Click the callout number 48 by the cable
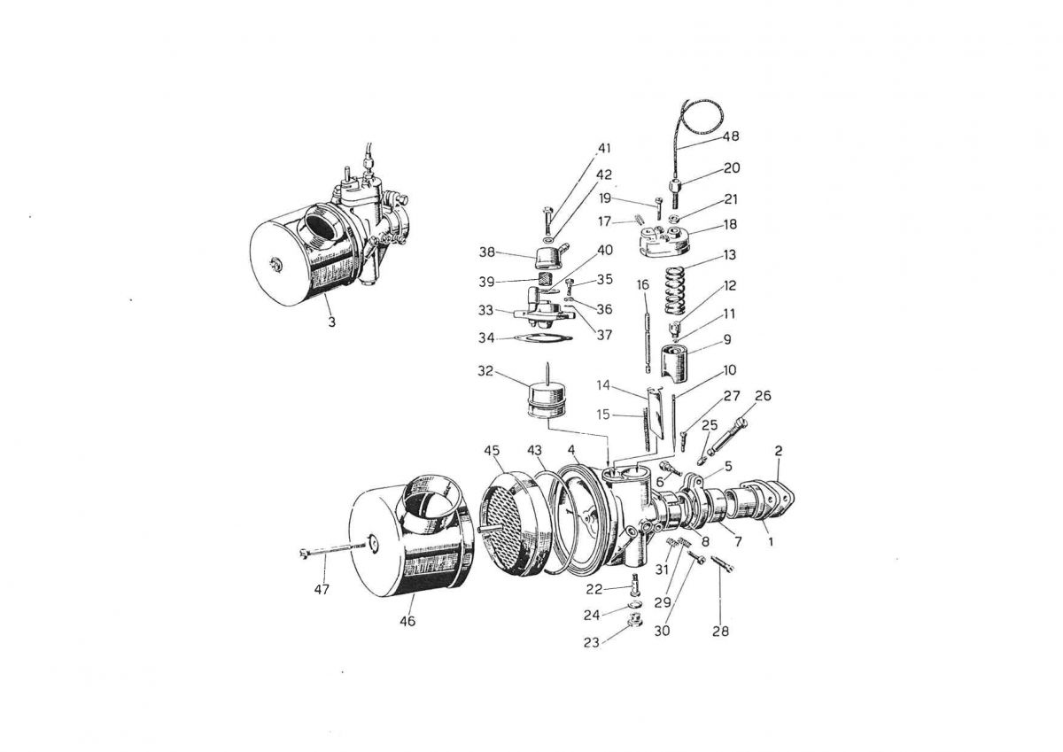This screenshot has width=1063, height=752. pos(730,136)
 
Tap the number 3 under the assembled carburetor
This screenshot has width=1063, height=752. pos(331,322)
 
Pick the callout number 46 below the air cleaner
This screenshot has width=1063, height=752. pos(407,621)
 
